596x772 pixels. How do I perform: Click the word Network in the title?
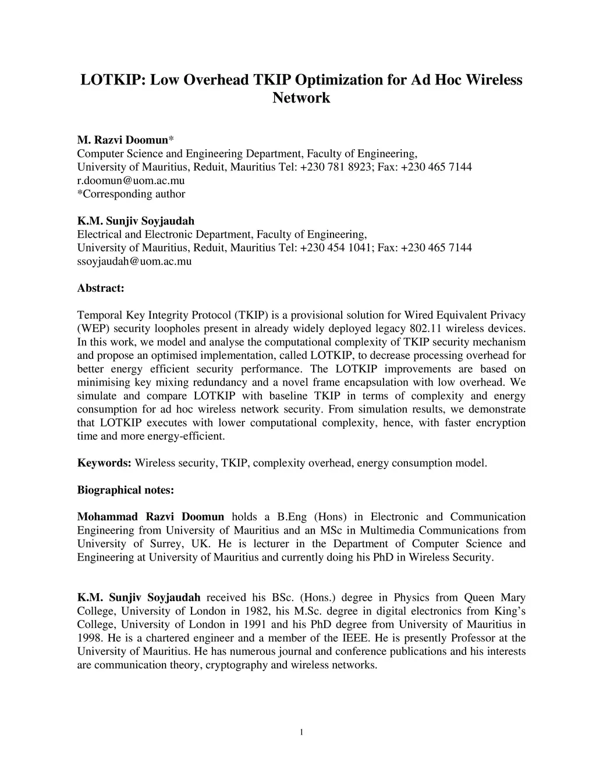[301, 97]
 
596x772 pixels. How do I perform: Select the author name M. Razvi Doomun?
[122, 140]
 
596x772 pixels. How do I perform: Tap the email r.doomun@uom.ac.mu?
[131, 181]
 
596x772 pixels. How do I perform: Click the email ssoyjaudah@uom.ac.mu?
[134, 261]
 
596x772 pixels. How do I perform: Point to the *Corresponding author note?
[131, 194]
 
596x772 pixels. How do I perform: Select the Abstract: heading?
[101, 288]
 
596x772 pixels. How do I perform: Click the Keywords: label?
[104, 463]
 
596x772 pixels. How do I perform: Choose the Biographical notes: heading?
[126, 490]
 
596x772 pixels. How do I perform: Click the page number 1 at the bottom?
[301, 732]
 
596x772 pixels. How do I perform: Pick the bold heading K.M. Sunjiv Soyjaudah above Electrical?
[136, 221]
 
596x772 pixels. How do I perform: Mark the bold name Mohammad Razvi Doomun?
[150, 517]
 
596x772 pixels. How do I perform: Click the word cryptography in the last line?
[236, 665]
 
